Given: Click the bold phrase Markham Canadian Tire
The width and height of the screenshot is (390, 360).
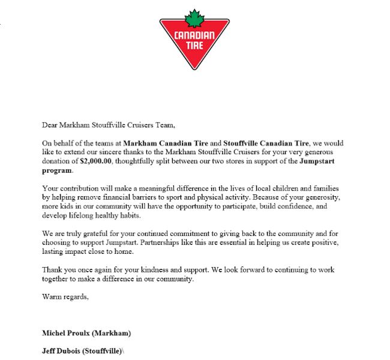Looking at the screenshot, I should click(169, 144).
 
